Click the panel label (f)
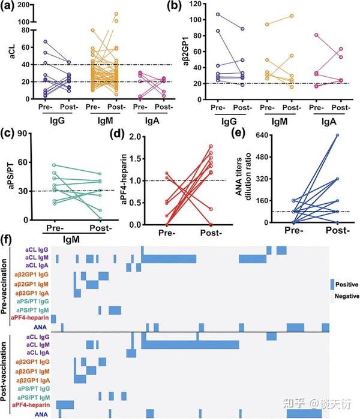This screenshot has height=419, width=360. [x=8, y=239]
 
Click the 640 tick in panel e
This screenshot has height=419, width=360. [x=255, y=135]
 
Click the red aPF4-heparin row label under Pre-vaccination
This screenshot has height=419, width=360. [x=29, y=318]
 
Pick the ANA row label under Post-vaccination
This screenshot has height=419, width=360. [x=42, y=414]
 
